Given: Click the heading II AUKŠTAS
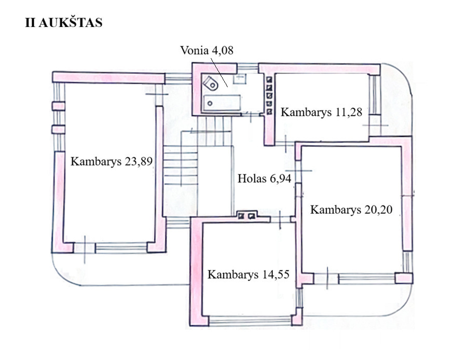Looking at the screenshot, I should pos(64,23).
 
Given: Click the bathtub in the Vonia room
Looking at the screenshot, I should pos(222,102).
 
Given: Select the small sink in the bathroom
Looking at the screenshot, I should pos(239,79).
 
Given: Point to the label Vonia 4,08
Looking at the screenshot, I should pos(207,50).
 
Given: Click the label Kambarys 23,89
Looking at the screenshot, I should pos(112,161).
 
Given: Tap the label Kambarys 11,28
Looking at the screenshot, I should pos(321,112).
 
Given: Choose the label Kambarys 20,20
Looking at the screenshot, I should pos(351,210).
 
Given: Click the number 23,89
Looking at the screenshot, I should pos(139,161).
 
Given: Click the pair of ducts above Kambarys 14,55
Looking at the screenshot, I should pos(246,216).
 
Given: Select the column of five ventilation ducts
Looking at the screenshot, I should pos(269,94).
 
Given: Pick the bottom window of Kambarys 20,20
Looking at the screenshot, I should pos(366,279).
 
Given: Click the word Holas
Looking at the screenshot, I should pos(251,179).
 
